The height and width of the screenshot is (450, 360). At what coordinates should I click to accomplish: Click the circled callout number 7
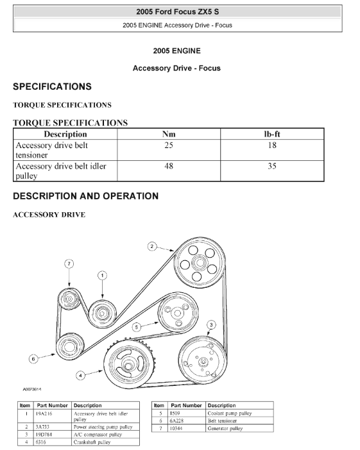point(69,263)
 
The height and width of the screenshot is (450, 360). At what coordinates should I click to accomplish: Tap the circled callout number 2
point(152,246)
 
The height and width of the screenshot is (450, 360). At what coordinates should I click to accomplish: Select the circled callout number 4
point(80,376)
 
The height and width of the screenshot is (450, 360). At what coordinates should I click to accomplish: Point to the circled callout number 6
point(33,359)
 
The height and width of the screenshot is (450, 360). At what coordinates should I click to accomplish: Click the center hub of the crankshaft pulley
point(128,365)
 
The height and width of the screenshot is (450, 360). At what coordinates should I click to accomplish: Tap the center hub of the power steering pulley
point(199,262)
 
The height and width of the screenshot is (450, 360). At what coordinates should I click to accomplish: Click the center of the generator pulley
point(69,299)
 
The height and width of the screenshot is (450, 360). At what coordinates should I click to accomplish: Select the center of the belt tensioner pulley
point(69,346)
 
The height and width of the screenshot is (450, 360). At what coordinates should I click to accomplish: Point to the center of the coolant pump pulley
point(177,313)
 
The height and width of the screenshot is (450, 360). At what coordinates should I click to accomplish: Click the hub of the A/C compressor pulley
point(203,362)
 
